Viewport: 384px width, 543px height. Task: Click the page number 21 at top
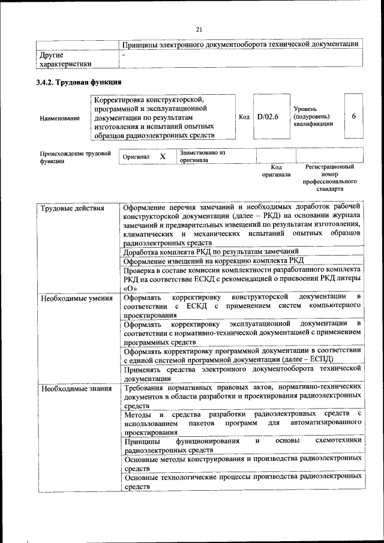199,29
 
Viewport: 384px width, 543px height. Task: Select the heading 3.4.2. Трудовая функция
78,82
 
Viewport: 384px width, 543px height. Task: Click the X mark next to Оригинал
162,156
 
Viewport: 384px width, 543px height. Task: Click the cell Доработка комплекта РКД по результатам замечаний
211,251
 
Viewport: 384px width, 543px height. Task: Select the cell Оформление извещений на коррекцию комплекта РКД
213,260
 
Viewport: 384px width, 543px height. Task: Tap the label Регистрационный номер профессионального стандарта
329,177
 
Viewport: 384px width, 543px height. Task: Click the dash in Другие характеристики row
124,55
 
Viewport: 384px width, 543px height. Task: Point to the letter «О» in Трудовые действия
130,287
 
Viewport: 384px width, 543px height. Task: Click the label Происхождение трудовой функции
75,157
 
